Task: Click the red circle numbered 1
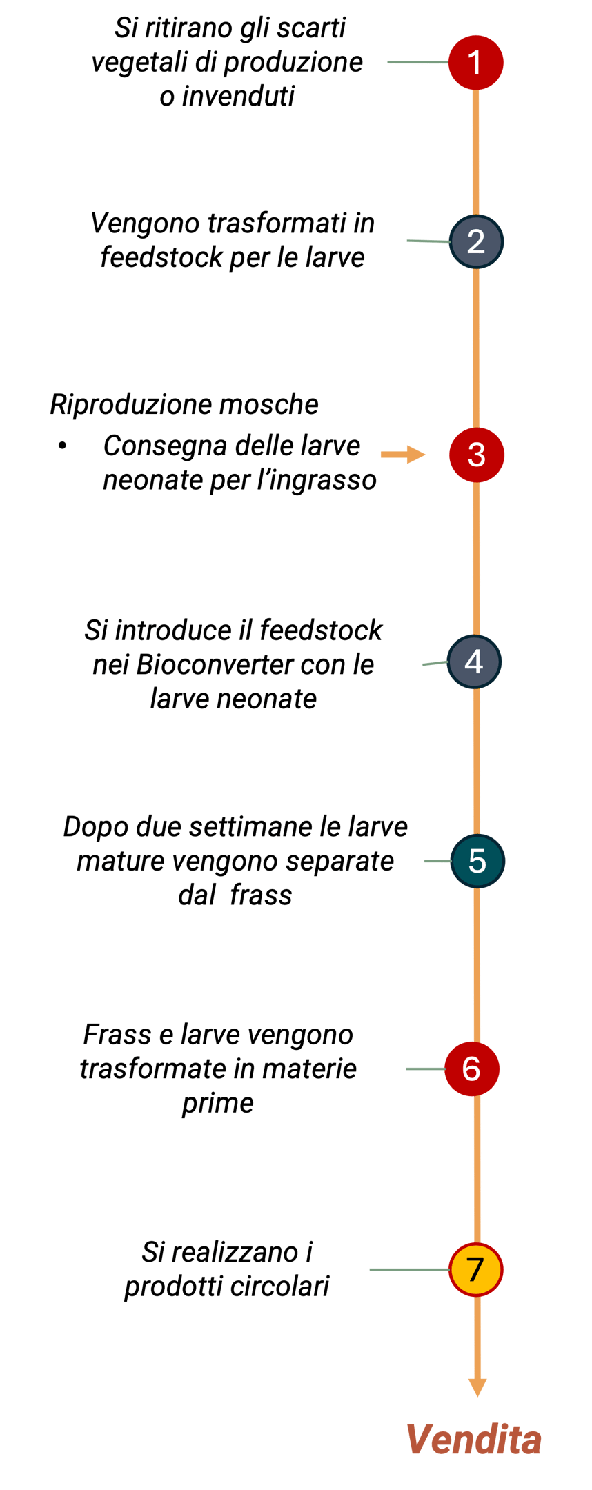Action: pos(475,63)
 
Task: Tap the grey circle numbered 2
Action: pos(476,241)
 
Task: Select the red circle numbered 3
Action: pos(476,455)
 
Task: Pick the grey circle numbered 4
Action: pos(474,662)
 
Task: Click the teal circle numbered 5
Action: pos(477,861)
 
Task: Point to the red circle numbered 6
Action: pos(471,1069)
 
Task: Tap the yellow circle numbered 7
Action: pos(475,1269)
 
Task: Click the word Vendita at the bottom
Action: pos(473,1440)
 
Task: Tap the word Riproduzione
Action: pos(125,405)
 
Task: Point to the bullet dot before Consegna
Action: pos(63,446)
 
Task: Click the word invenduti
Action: pos(238,97)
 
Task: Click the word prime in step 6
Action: pos(217,1103)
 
